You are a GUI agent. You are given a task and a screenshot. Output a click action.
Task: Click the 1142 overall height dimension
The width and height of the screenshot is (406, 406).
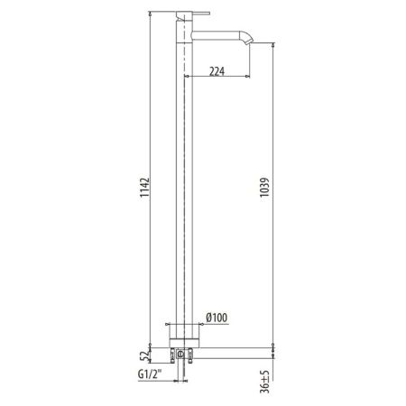pyautogui.click(x=144, y=187)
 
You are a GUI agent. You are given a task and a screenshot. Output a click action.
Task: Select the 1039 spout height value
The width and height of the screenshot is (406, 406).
pyautogui.click(x=265, y=187)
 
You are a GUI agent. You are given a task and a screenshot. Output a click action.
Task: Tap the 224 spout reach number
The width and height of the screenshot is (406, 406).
pyautogui.click(x=217, y=71)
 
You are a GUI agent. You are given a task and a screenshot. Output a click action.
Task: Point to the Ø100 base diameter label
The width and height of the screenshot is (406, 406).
pyautogui.click(x=217, y=318)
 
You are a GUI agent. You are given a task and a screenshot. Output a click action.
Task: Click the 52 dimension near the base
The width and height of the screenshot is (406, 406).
pyautogui.click(x=145, y=355)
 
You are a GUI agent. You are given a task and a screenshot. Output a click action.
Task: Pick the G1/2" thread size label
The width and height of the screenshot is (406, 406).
pyautogui.click(x=150, y=374)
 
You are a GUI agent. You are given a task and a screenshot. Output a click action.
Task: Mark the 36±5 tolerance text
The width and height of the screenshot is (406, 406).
pyautogui.click(x=265, y=382)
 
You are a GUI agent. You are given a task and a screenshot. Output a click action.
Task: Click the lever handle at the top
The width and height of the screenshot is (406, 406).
pyautogui.click(x=198, y=14)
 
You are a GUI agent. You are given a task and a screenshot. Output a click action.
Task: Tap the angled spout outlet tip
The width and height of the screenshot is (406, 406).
pyautogui.click(x=249, y=41)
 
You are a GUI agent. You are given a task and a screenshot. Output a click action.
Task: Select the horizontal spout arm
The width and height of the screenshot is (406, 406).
pyautogui.click(x=216, y=35)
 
